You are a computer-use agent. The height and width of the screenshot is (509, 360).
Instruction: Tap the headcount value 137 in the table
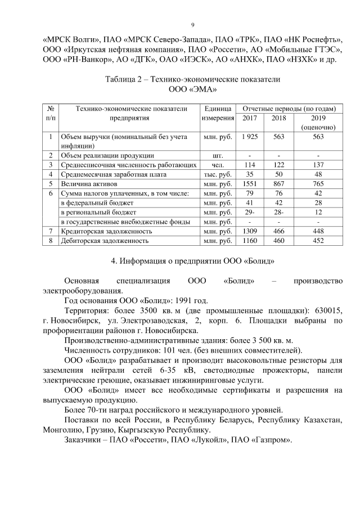[x=318, y=165]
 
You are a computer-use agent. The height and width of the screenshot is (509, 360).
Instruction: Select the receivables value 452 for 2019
[x=318, y=241]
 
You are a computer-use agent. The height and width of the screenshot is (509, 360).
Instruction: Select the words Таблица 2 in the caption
[x=125, y=79]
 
